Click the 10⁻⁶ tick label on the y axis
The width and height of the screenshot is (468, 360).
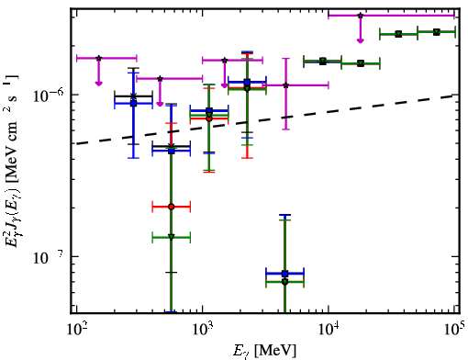[x=49, y=96]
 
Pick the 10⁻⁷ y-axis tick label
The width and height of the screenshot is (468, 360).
[x=49, y=257]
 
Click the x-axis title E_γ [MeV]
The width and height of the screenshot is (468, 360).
[x=264, y=351]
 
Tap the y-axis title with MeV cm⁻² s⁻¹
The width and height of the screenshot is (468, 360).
[x=12, y=163]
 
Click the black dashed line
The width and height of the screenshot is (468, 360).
[x=265, y=119]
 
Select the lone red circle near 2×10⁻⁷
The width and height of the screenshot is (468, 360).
[x=172, y=207]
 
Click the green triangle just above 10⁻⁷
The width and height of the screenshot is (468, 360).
[x=172, y=237]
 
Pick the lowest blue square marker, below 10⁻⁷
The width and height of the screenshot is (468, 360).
[x=285, y=274]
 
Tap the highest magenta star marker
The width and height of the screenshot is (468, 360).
[x=361, y=16]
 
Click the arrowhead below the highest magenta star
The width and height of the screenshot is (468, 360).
[x=361, y=40]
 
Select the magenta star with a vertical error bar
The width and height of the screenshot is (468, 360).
[x=285, y=85]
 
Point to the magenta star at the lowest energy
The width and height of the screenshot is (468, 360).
[x=98, y=58]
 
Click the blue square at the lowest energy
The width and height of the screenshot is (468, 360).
[x=133, y=104]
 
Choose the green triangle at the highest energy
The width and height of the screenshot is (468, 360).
[x=437, y=32]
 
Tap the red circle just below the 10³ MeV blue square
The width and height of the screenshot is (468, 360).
[x=209, y=118]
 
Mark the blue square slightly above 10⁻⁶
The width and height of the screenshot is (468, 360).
[x=247, y=82]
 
